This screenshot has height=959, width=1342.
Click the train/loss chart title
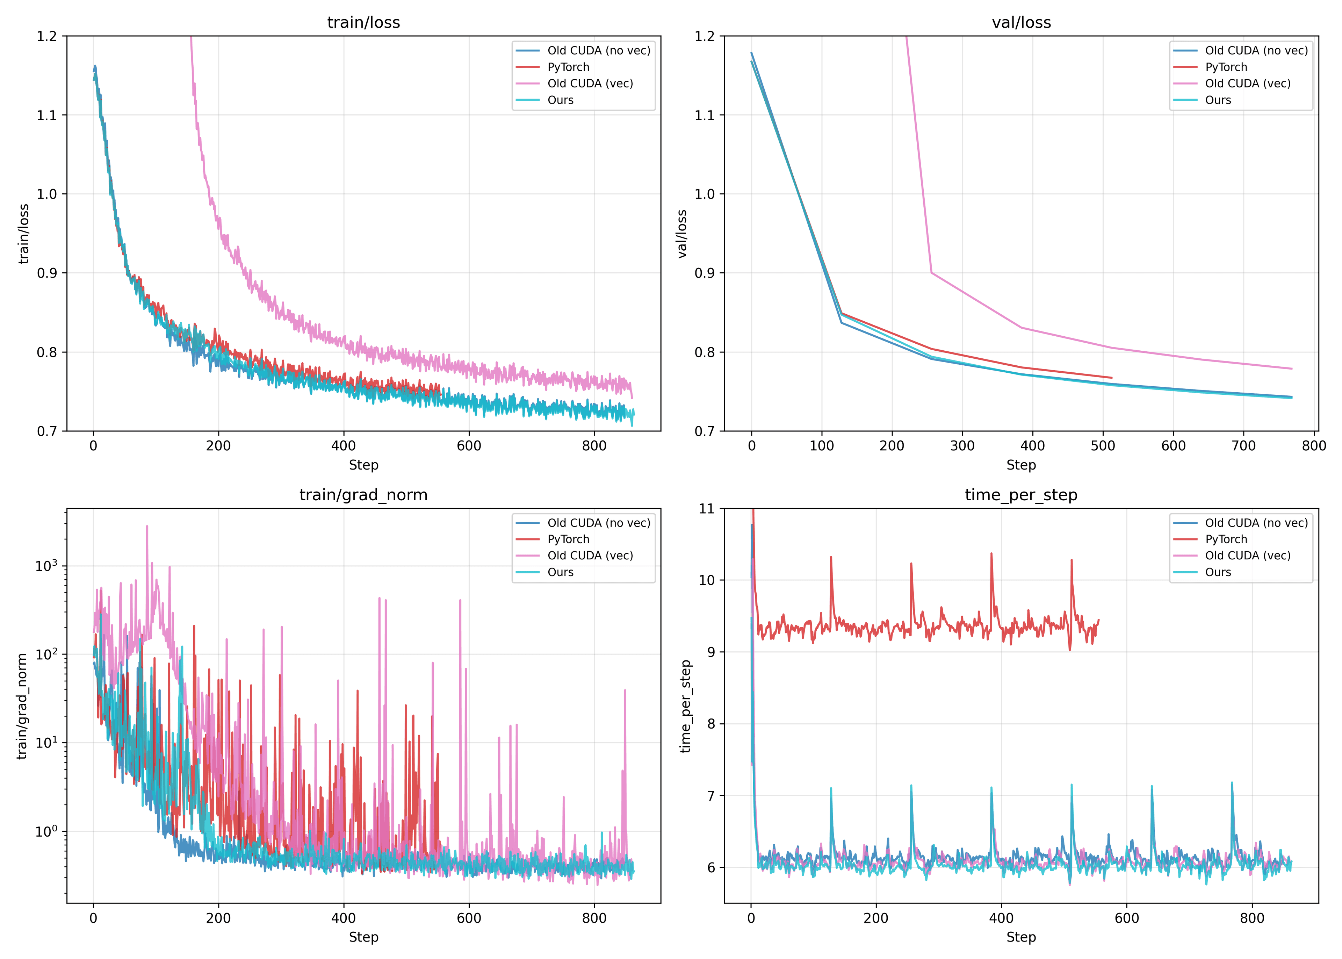pyautogui.click(x=363, y=22)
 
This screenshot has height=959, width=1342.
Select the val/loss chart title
pyautogui.click(x=1021, y=22)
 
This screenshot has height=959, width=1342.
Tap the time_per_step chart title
pyautogui.click(x=1021, y=495)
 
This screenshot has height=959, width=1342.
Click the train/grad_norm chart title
pyautogui.click(x=363, y=495)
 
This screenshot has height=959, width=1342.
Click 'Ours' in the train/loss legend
pyautogui.click(x=560, y=100)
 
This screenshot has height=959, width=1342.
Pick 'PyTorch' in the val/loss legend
pyautogui.click(x=1226, y=67)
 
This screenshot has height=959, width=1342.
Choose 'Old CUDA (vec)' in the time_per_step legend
pyautogui.click(x=1248, y=556)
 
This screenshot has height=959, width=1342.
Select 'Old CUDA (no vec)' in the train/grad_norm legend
pyautogui.click(x=598, y=523)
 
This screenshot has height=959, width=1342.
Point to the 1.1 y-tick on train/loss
pyautogui.click(x=47, y=115)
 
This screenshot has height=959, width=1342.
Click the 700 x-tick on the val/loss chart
pyautogui.click(x=1243, y=446)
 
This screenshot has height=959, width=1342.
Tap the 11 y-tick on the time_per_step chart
pyautogui.click(x=706, y=508)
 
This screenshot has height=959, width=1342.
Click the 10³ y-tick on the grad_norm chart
pyautogui.click(x=46, y=566)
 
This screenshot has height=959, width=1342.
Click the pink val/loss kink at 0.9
pyautogui.click(x=931, y=273)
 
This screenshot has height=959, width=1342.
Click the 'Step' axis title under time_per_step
pyautogui.click(x=1021, y=937)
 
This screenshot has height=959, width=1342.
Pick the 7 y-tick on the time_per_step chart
pyautogui.click(x=710, y=795)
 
